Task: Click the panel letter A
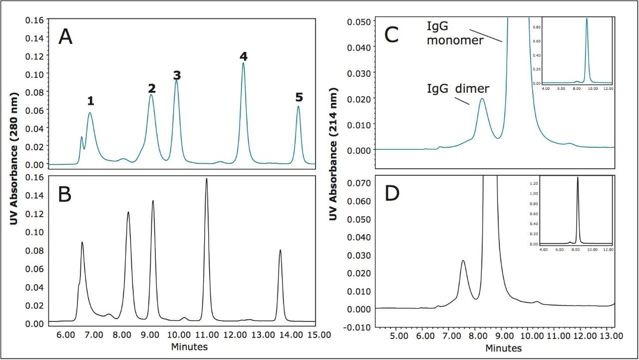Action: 65,37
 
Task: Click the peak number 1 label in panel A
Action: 90,101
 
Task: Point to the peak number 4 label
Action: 244,57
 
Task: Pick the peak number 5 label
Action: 299,97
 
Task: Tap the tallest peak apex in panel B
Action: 206,179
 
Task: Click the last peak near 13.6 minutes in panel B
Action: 280,251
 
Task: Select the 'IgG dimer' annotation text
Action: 458,89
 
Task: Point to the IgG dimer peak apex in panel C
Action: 482,99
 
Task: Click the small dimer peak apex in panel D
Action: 463,261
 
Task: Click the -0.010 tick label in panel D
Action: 358,327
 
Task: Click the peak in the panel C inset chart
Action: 587,20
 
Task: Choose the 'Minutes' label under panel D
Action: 504,348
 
